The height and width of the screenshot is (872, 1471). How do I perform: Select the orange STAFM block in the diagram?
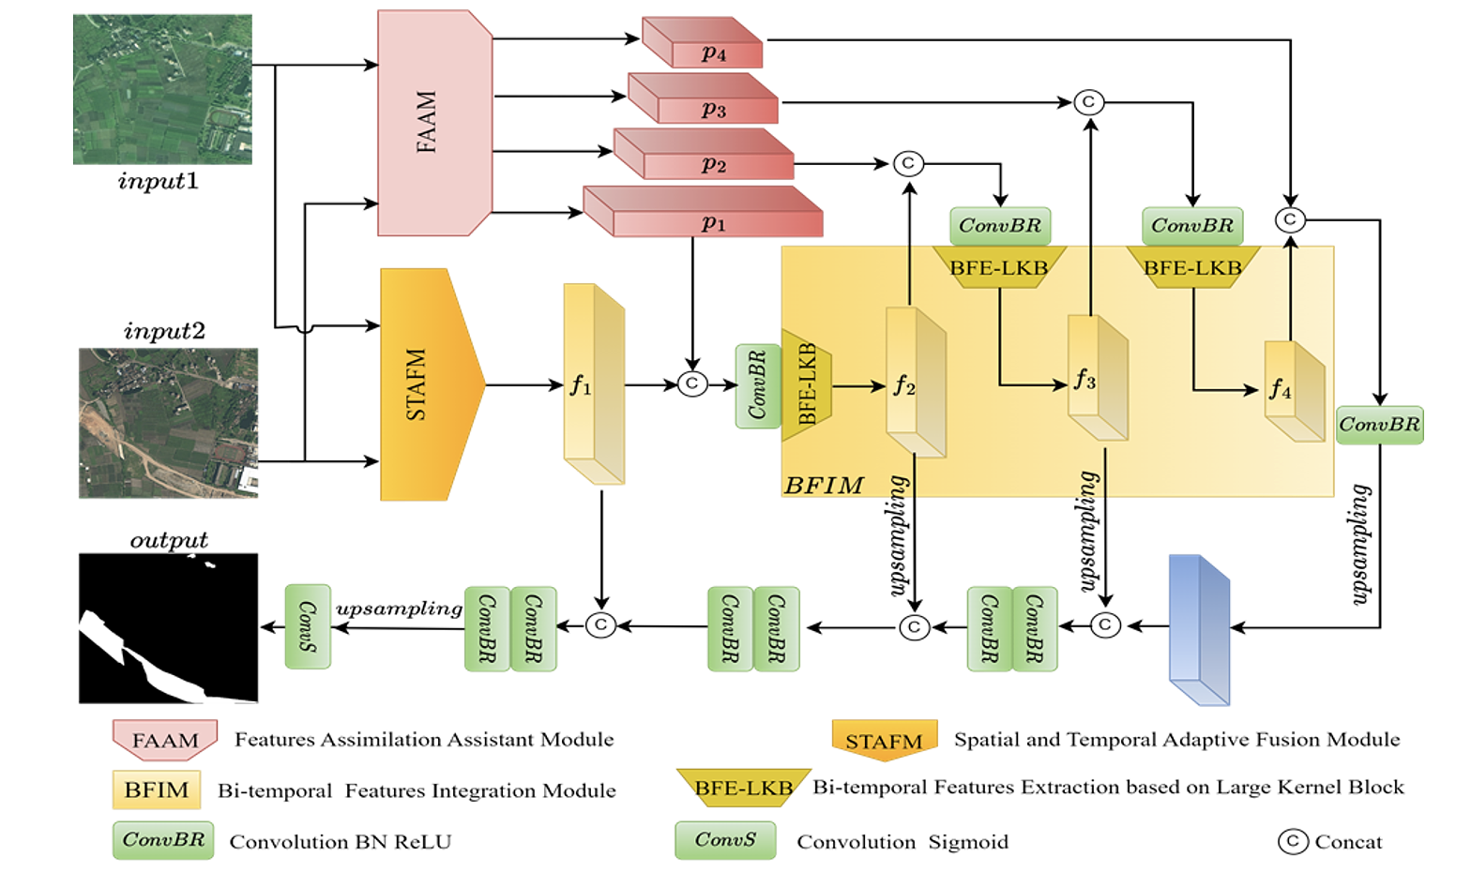coord(427,384)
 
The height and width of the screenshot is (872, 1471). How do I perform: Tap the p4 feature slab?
coord(704,43)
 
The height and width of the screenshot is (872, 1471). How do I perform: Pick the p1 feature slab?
coord(704,213)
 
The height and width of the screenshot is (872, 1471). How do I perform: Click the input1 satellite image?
coord(162,89)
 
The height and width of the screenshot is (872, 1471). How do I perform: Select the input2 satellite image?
coord(168,423)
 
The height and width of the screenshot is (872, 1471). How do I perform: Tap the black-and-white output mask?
coord(168,627)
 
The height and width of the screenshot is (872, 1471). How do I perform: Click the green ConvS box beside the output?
coord(308,626)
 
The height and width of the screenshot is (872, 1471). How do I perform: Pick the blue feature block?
coord(1198,629)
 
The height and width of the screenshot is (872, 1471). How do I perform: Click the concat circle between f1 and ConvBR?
coord(692,383)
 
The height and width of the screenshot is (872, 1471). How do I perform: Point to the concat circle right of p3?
coord(1088,102)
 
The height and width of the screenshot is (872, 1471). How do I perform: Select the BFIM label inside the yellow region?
coord(823,485)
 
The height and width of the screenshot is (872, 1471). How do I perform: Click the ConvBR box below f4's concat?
coord(1379,425)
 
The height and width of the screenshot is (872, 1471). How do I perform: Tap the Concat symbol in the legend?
coord(1293,841)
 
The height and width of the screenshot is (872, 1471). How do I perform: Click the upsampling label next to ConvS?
coord(399,609)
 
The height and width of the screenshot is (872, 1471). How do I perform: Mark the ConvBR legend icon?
coord(163,840)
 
